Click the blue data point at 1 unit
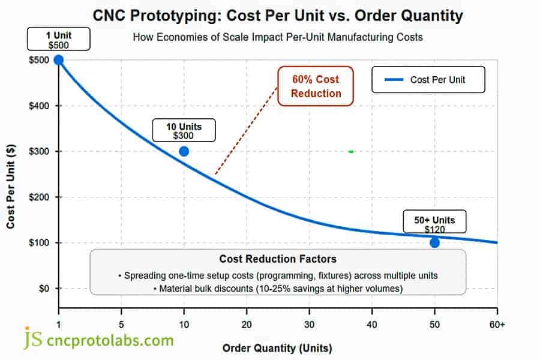pyautogui.click(x=59, y=59)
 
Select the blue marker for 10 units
pyautogui.click(x=184, y=151)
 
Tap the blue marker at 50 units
pyautogui.click(x=434, y=242)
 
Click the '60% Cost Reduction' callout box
pyautogui.click(x=316, y=86)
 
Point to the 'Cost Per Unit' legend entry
pyautogui.click(x=428, y=80)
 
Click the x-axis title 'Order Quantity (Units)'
pyautogui.click(x=277, y=348)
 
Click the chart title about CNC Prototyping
pyautogui.click(x=278, y=14)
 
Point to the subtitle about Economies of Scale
pyautogui.click(x=277, y=37)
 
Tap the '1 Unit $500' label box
pyautogui.click(x=59, y=40)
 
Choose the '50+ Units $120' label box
pyautogui.click(x=434, y=224)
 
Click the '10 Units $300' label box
pyautogui.click(x=184, y=131)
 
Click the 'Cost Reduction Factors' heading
pyautogui.click(x=277, y=259)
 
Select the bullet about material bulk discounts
pyautogui.click(x=277, y=289)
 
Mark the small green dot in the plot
pyautogui.click(x=351, y=151)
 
